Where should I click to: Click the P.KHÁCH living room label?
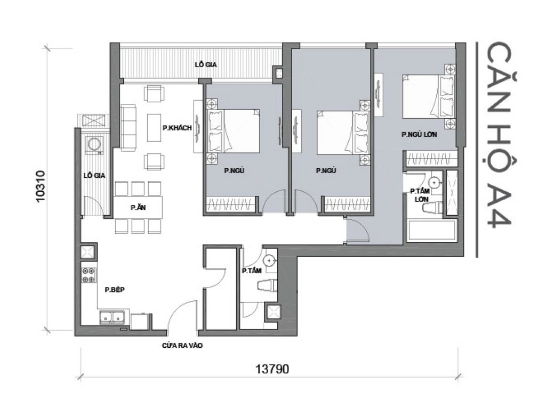tap(176, 128)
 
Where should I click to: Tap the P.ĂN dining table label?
tap(135, 208)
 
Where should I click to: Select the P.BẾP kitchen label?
tap(114, 290)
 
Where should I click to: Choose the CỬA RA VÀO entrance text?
tap(182, 346)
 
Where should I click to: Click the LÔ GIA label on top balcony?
tap(205, 64)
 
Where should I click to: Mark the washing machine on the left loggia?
tap(95, 145)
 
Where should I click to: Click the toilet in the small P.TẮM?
tap(267, 286)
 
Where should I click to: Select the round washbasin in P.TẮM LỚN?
tap(435, 183)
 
